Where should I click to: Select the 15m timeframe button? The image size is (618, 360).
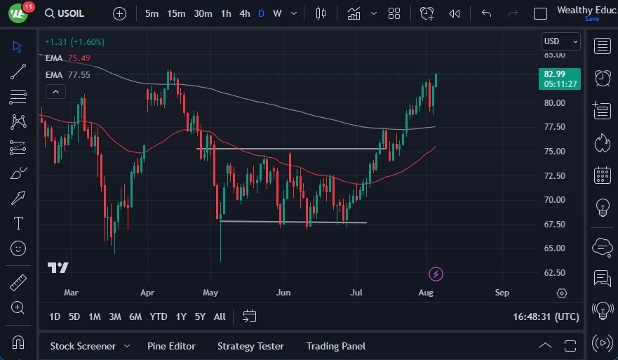(176, 13)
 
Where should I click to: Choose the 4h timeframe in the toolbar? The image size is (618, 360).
(244, 13)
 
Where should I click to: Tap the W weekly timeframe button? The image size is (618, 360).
(278, 13)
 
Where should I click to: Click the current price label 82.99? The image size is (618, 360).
(560, 74)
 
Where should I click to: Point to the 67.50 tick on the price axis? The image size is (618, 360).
(555, 224)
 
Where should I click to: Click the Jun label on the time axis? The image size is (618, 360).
(283, 292)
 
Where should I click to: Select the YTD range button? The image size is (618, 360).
(159, 316)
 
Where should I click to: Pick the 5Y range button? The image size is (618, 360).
(200, 316)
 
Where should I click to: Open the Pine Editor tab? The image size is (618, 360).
(171, 346)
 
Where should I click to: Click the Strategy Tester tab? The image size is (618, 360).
(250, 346)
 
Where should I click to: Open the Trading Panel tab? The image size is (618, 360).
(335, 346)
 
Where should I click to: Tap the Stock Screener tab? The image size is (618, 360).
(82, 346)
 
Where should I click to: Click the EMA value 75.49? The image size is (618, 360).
(79, 58)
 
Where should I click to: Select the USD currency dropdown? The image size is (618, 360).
(560, 42)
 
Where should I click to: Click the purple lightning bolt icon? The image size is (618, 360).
(436, 274)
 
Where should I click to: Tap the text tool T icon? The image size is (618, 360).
(18, 223)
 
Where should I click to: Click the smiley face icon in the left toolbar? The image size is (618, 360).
(18, 248)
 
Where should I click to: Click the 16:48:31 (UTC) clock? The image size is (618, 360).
(546, 316)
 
